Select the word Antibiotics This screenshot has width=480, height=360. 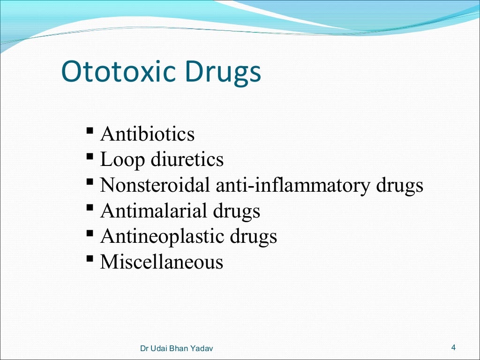point(147,135)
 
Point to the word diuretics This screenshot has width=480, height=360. point(187,160)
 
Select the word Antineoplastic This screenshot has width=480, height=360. point(162,237)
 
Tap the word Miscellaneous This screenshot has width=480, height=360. point(162,262)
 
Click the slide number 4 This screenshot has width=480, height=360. point(453,347)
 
